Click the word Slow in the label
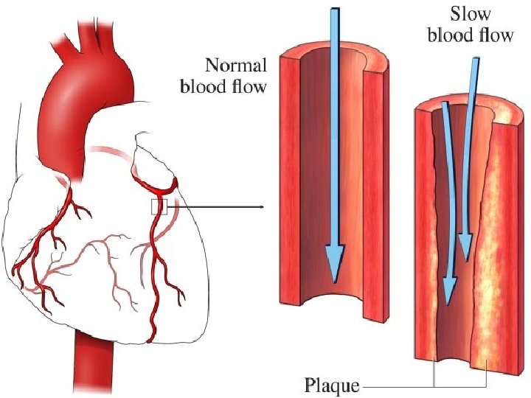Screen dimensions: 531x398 click(470, 14)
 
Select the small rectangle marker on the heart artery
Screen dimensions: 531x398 click(159, 207)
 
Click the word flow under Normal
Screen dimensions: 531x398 click(250, 87)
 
